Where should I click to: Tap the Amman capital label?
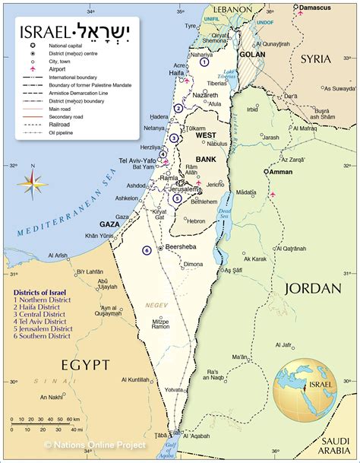click(280, 172)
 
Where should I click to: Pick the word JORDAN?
click(311, 288)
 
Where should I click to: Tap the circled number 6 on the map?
click(147, 250)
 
